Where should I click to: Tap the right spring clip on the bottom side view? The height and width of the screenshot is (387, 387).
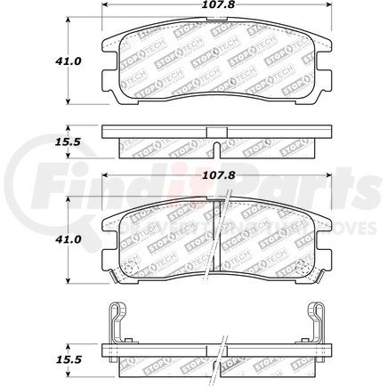coord(318,325)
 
